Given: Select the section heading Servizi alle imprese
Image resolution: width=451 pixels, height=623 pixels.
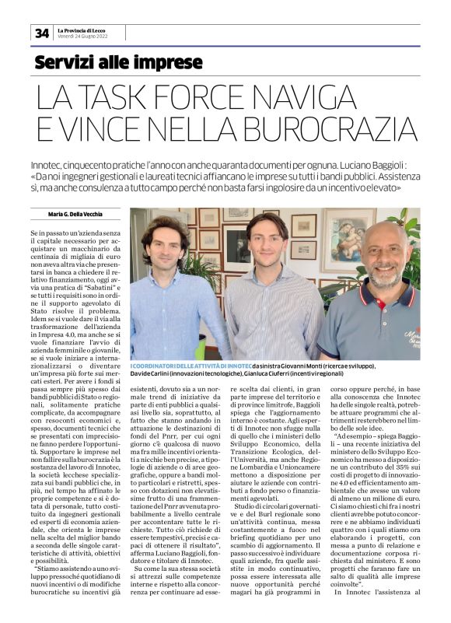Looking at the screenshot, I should (118, 62).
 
